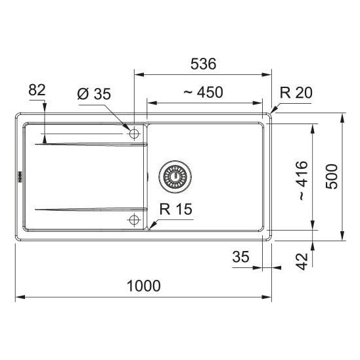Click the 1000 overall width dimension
pyautogui.click(x=144, y=286)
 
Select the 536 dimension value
pyautogui.click(x=204, y=64)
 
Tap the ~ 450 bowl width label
pyautogui.click(x=204, y=92)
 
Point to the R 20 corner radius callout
pyautogui.click(x=296, y=93)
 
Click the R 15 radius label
pyautogui.click(x=176, y=209)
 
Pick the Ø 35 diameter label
pyautogui.click(x=94, y=94)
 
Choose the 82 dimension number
pyautogui.click(x=37, y=90)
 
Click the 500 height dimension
pyautogui.click(x=332, y=177)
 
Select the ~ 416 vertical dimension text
pyautogui.click(x=304, y=181)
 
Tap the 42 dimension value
pyautogui.click(x=302, y=261)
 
